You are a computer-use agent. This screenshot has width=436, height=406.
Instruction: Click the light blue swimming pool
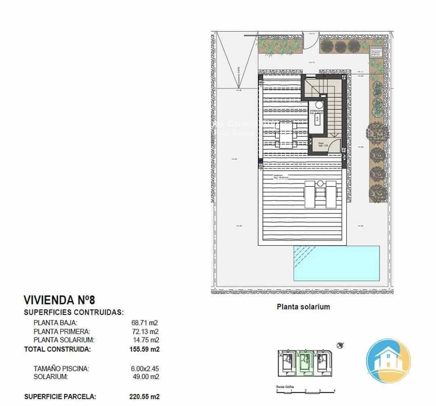click(x=337, y=263)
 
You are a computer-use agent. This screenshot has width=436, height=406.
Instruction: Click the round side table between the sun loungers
click(x=320, y=184)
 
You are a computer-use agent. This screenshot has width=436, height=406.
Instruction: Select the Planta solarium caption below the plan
click(x=303, y=307)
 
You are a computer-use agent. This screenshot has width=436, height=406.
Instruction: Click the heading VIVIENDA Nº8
click(x=59, y=300)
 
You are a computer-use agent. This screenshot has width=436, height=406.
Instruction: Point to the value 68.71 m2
click(x=144, y=323)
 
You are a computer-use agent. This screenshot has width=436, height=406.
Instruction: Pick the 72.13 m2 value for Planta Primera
click(x=144, y=331)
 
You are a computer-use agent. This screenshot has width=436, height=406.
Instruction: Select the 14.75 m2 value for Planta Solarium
click(x=144, y=340)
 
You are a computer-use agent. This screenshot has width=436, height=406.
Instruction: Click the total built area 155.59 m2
click(x=144, y=349)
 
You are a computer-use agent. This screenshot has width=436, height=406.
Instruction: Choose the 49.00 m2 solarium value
click(x=144, y=377)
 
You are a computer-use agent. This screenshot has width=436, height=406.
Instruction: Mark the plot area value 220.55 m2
click(x=144, y=397)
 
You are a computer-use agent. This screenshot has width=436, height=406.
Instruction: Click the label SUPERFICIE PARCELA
click(x=60, y=397)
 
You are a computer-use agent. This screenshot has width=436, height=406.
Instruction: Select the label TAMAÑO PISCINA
click(x=61, y=368)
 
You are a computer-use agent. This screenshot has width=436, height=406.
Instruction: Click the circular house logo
click(x=388, y=360)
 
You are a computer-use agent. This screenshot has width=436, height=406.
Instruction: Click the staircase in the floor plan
click(x=333, y=109)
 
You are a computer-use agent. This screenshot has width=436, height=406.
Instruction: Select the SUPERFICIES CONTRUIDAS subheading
click(x=74, y=312)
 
